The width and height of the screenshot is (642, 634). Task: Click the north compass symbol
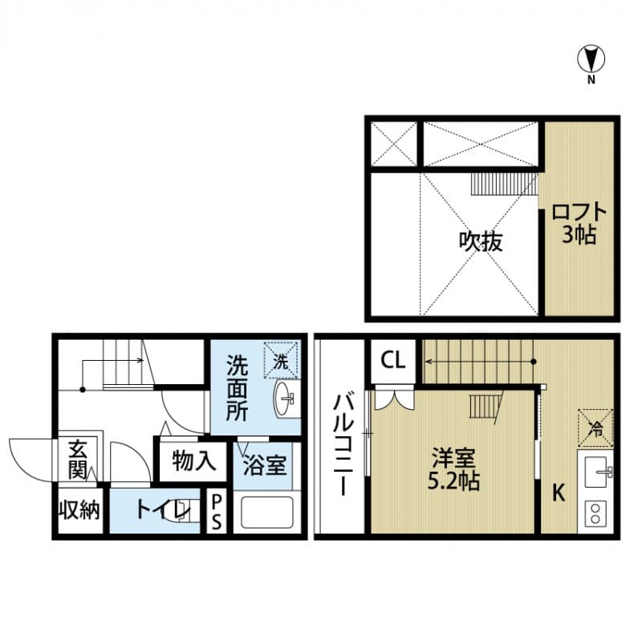[591, 60]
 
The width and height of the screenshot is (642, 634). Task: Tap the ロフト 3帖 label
[578, 224]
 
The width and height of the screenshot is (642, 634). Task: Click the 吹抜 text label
[481, 241]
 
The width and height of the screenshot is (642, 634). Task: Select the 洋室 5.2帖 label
[455, 471]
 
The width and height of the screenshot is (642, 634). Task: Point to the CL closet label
[392, 359]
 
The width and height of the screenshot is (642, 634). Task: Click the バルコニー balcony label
[341, 443]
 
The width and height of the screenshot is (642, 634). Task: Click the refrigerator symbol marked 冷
[595, 427]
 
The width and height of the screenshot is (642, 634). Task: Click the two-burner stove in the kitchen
[595, 513]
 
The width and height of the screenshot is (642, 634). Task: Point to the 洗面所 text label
[236, 388]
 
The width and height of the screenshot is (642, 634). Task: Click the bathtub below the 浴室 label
[266, 513]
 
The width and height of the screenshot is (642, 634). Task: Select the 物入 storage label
[194, 461]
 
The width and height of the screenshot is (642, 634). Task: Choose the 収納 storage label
[79, 511]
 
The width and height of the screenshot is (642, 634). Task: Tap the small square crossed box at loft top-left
[393, 143]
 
